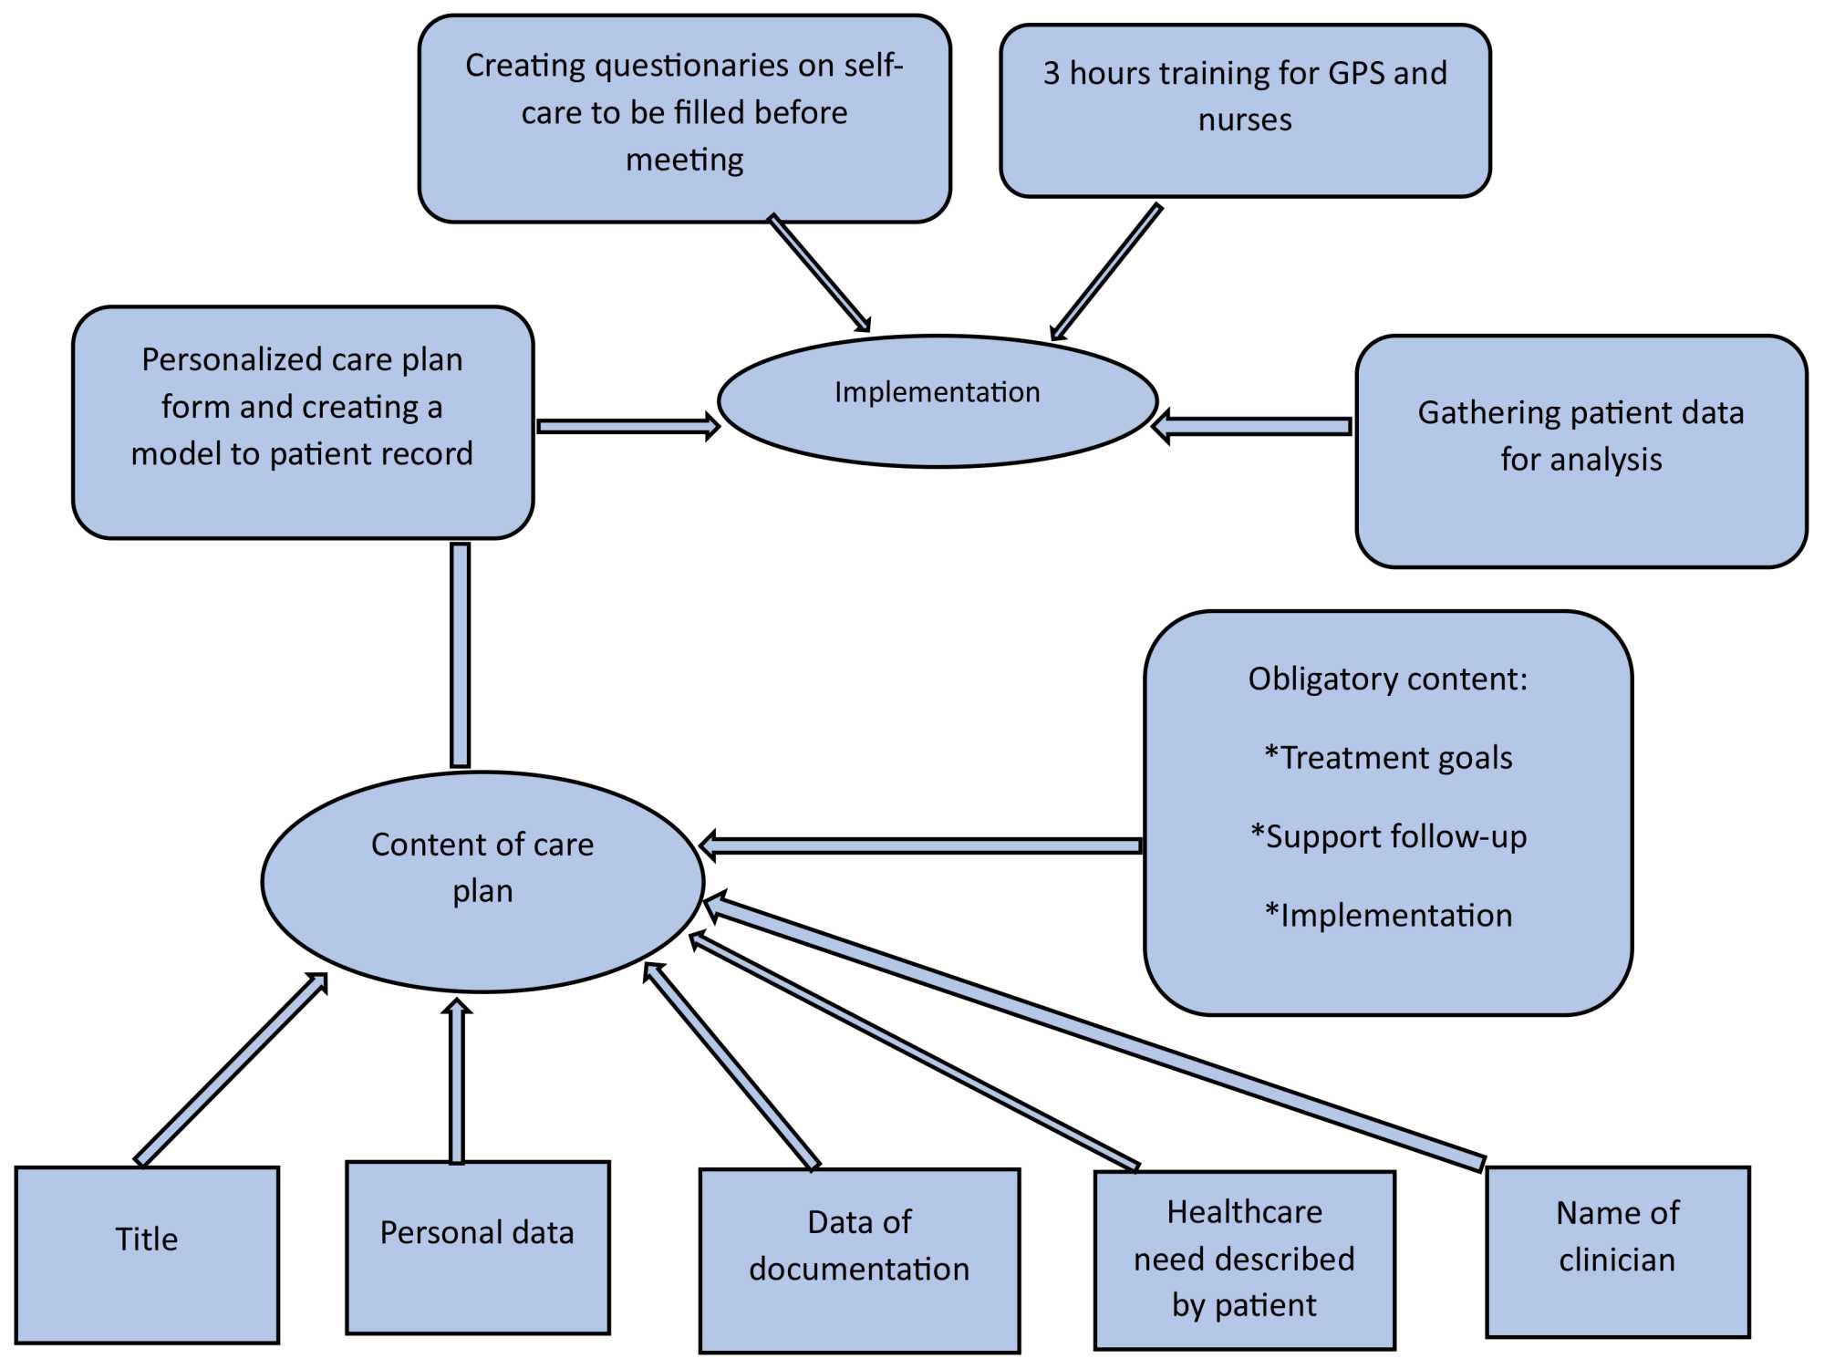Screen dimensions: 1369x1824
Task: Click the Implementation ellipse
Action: [938, 401]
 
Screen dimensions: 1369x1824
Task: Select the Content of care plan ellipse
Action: [482, 881]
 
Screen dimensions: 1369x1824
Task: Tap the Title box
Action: [147, 1254]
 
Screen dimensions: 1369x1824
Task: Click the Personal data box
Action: [477, 1247]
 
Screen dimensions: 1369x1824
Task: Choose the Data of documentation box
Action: [859, 1260]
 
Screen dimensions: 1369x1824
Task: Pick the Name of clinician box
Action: [1617, 1251]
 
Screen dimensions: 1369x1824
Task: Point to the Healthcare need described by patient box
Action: [1244, 1260]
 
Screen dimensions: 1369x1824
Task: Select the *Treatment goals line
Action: [1388, 758]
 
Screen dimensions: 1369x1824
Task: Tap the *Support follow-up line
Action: [1388, 836]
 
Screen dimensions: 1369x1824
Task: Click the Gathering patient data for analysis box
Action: [1580, 451]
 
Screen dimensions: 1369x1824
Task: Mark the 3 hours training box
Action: [1245, 110]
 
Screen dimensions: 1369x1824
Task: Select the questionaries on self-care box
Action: [684, 118]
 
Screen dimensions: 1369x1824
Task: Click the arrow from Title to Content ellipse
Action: [230, 1070]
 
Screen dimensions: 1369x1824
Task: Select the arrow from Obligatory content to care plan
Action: [921, 845]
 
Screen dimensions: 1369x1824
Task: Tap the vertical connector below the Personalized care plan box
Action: [461, 655]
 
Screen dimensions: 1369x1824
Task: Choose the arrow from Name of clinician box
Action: [1094, 1031]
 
